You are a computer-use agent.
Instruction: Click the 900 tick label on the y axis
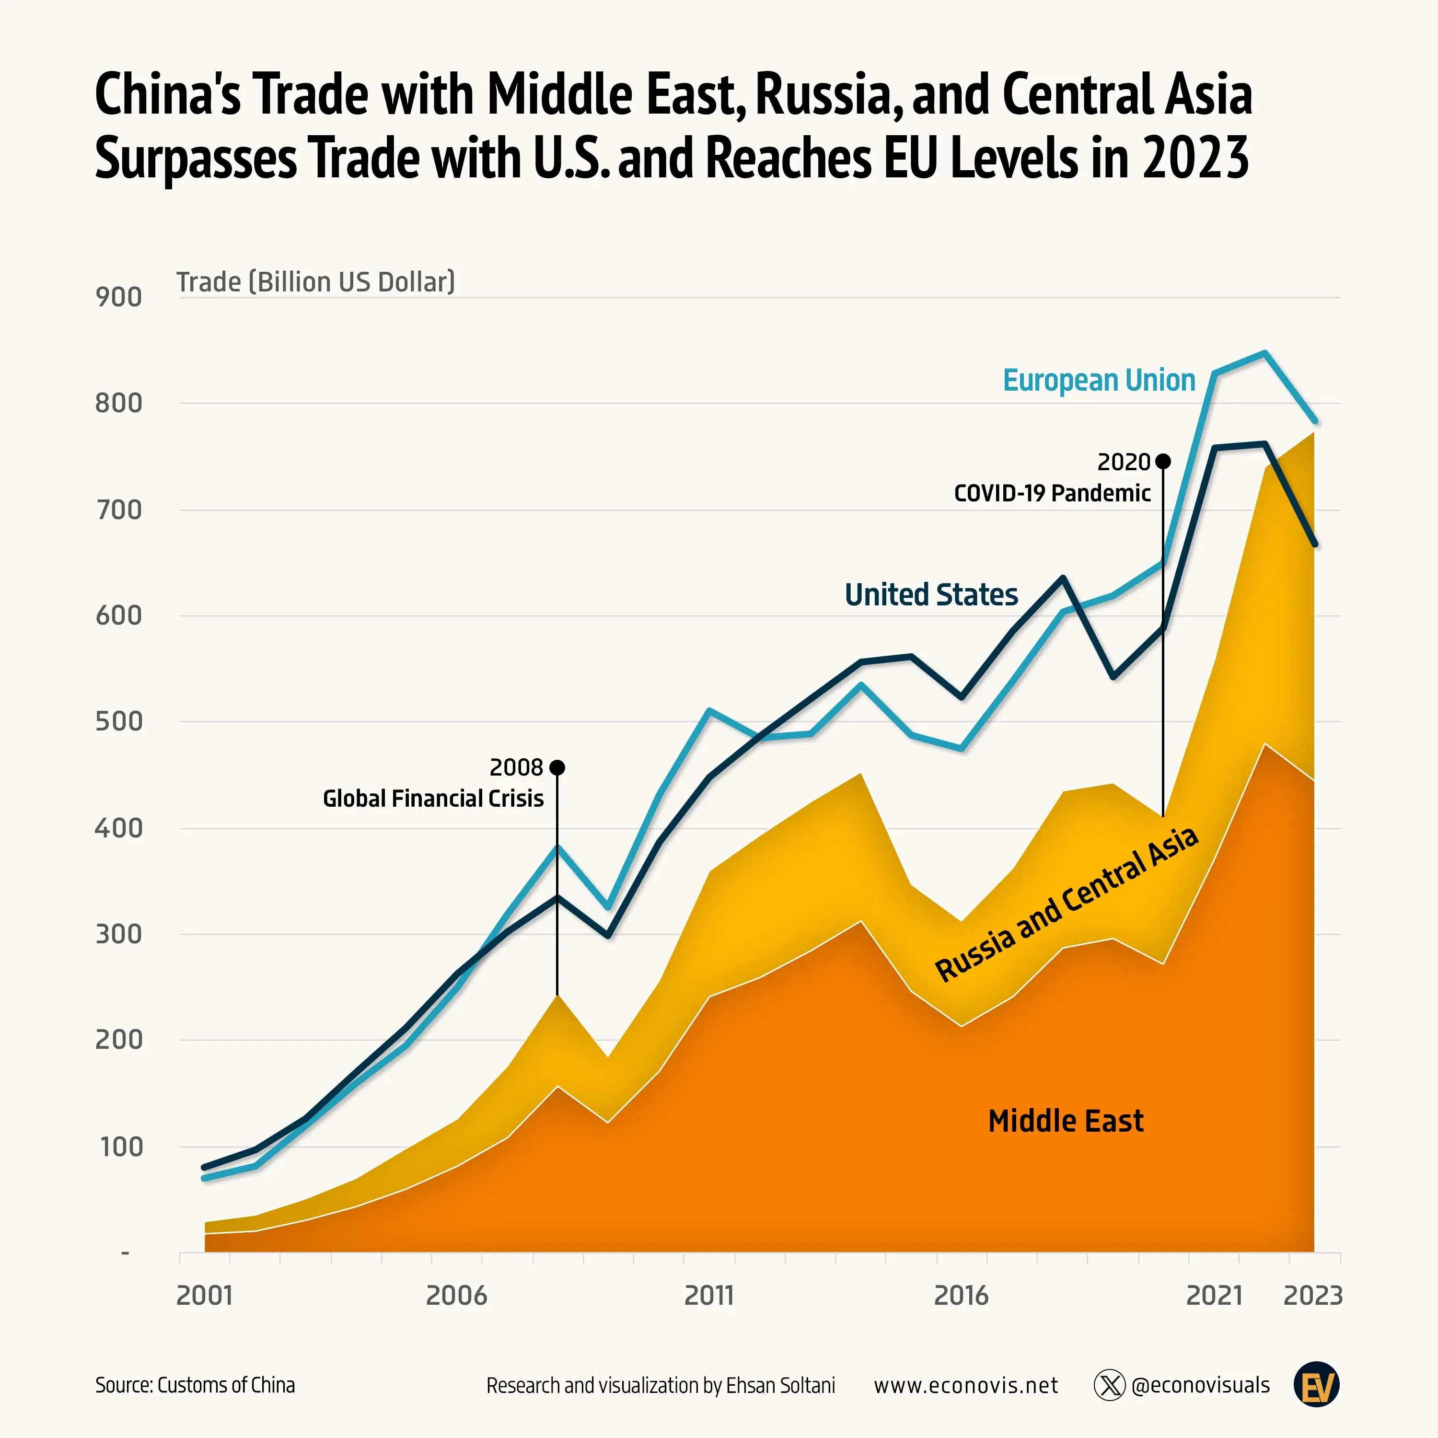(x=118, y=297)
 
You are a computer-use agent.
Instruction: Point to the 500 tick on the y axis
(x=118, y=721)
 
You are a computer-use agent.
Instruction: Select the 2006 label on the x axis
(x=456, y=1296)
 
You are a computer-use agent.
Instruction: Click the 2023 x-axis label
(x=1313, y=1296)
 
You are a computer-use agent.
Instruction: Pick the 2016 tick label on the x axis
(x=961, y=1296)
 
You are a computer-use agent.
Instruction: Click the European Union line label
(x=1099, y=380)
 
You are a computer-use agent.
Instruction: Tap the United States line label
(x=931, y=595)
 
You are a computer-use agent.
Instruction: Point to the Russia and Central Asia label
(x=1066, y=905)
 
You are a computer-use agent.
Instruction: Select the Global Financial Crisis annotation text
(x=433, y=799)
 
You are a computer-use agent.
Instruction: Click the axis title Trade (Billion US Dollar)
(x=315, y=282)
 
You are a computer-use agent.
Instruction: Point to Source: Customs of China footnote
(x=195, y=1385)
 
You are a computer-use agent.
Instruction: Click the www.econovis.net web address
(x=965, y=1385)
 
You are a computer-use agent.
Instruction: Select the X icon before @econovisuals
(x=1109, y=1385)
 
